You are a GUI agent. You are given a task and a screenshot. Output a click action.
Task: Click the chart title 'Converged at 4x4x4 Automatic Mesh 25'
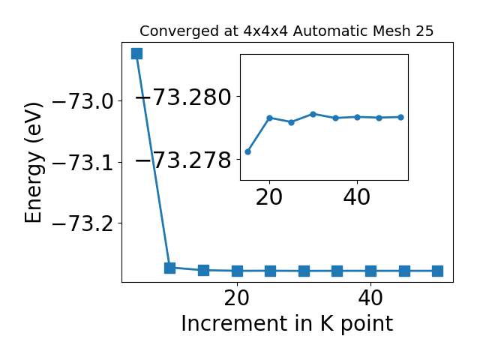click(x=286, y=31)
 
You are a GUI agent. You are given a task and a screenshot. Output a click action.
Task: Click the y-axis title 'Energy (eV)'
click(x=33, y=163)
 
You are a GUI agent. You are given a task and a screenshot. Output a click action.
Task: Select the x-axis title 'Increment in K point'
click(x=287, y=324)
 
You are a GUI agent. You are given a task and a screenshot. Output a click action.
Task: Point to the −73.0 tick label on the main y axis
click(x=83, y=101)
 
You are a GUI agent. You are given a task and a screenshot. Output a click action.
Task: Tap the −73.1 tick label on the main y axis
click(x=83, y=162)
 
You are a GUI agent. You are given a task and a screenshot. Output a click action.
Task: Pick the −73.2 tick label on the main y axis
click(x=83, y=223)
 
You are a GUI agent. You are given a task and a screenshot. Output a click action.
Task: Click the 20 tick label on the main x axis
click(x=237, y=298)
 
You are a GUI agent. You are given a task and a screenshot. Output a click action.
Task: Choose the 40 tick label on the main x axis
click(x=370, y=298)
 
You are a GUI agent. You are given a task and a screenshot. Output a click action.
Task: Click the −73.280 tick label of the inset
click(x=184, y=97)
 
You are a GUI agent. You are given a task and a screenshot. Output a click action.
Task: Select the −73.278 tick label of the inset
click(x=184, y=160)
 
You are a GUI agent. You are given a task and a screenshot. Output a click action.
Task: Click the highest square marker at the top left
click(x=136, y=53)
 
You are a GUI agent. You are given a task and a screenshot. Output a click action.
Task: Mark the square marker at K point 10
click(x=170, y=268)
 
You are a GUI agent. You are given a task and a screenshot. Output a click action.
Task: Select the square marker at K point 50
click(x=437, y=271)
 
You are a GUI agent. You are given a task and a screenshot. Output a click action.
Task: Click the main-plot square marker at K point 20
click(x=237, y=271)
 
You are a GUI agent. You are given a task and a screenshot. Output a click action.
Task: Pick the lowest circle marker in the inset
click(x=248, y=151)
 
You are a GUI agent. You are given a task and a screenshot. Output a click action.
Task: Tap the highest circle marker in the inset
click(x=313, y=114)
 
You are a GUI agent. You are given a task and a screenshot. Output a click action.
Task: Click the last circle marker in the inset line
click(x=400, y=117)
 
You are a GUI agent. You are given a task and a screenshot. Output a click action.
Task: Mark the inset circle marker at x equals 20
click(x=270, y=118)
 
